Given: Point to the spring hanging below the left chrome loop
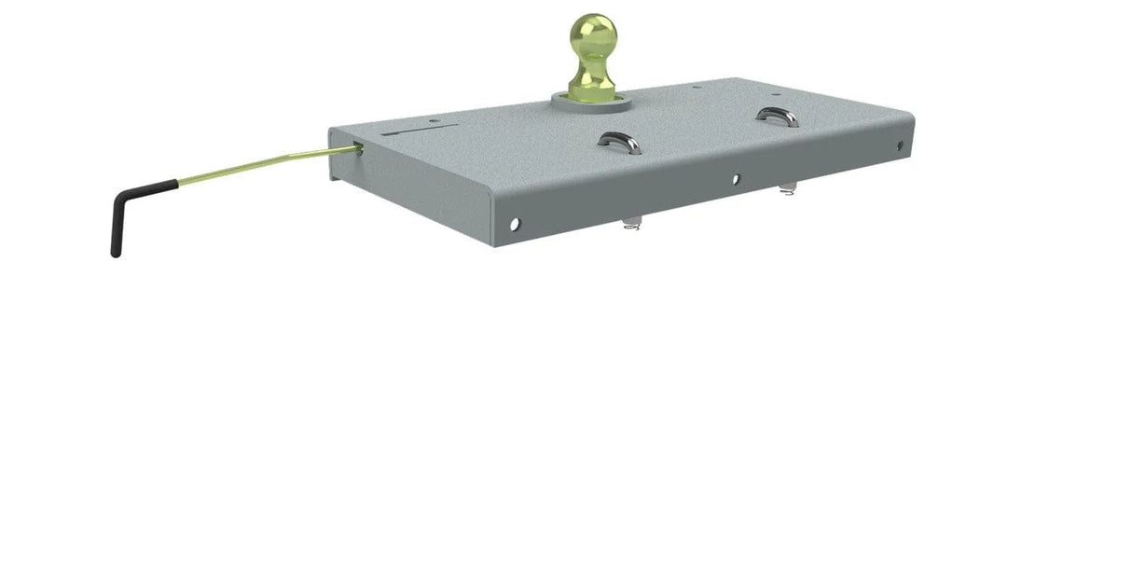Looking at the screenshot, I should tap(631, 223).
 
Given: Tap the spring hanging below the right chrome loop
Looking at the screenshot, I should tap(789, 191).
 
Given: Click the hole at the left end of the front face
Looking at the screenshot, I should tap(514, 224).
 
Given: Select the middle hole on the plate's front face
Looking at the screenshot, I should tap(735, 177).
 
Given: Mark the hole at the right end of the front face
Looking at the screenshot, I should tap(900, 145).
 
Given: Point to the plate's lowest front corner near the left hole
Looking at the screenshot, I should tap(492, 245).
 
